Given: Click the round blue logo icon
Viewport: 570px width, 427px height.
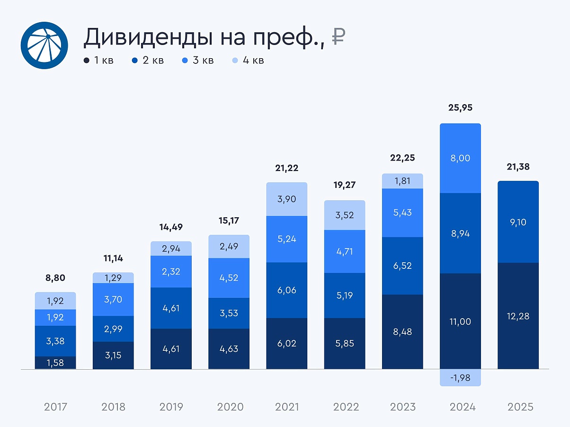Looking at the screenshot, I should point(45,45).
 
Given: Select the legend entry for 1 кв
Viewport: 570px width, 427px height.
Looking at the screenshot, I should point(98,61).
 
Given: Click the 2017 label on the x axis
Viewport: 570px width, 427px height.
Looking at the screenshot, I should point(55,407).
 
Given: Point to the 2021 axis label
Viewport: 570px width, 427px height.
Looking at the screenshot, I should point(287,407).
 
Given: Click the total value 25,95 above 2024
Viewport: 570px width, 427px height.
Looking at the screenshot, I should point(460,107).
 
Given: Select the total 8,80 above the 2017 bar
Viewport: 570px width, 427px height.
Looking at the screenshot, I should point(55,278).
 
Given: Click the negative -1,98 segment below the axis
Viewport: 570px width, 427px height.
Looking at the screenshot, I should point(460,377).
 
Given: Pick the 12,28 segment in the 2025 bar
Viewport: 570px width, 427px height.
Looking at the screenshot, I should point(518,316).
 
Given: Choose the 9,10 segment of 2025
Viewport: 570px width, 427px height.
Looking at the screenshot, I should point(518,222).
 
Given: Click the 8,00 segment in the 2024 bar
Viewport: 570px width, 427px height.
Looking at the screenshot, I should point(460,158).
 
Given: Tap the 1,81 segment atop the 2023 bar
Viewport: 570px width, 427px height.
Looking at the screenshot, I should point(402,181).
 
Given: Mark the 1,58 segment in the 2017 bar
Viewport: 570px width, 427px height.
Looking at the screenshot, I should point(55,363).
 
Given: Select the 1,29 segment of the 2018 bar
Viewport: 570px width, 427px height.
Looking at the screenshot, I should point(113,278).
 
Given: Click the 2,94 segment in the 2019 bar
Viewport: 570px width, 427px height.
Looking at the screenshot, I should point(171,249).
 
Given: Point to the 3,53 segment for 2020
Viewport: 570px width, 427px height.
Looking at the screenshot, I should point(229,313).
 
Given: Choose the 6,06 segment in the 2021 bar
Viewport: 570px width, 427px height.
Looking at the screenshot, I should point(287,290).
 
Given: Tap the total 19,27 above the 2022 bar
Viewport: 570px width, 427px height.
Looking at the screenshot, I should point(344,185).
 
